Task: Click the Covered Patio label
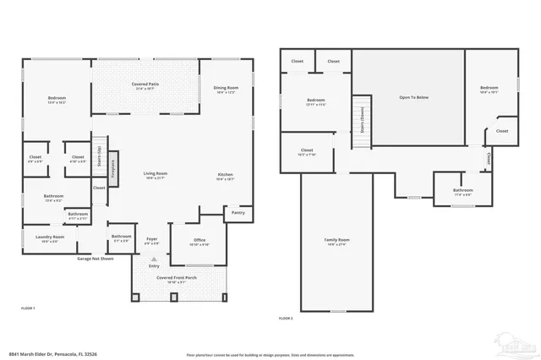(x=141, y=85)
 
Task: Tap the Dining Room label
(x=226, y=88)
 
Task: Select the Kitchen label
(x=225, y=175)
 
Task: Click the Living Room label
(x=155, y=174)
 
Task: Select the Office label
(x=199, y=241)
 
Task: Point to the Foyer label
(x=152, y=240)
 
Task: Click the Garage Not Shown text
(x=96, y=258)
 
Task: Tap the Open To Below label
(x=414, y=97)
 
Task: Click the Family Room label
(x=338, y=241)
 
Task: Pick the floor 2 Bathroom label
(x=463, y=191)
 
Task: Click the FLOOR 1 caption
(x=28, y=308)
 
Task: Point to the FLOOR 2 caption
(x=286, y=319)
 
